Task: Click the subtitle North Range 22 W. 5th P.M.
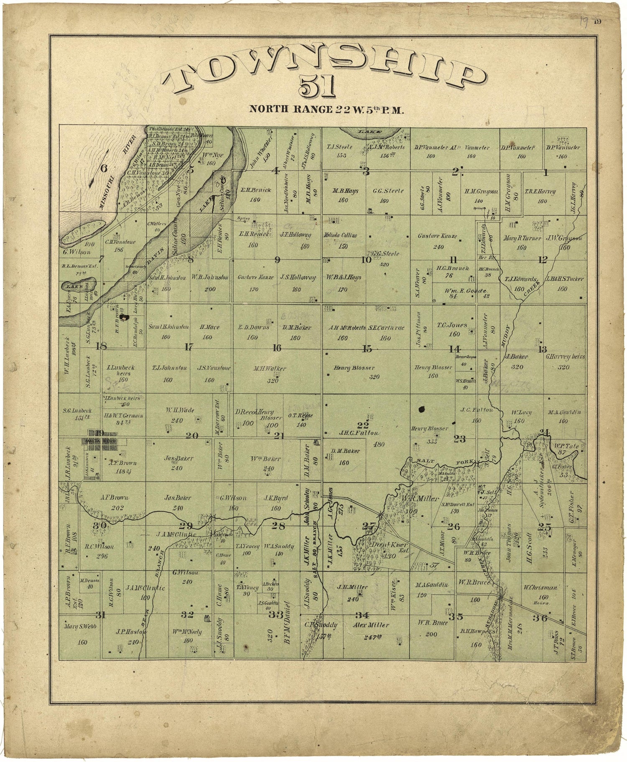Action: click(326, 110)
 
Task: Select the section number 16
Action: click(276, 348)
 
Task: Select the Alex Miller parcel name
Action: click(371, 625)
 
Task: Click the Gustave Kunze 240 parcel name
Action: click(437, 236)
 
